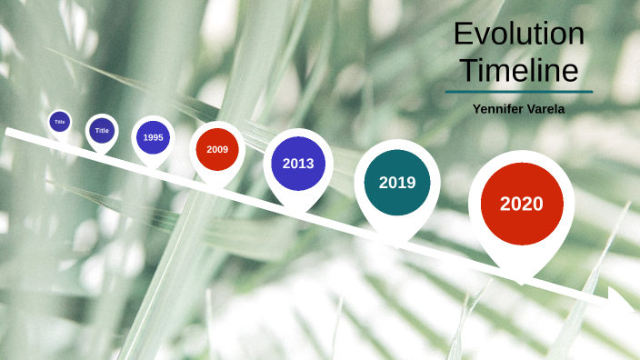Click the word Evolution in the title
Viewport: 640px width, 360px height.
(x=519, y=35)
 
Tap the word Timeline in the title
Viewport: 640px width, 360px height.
(x=519, y=70)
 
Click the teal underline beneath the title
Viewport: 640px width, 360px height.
(x=519, y=92)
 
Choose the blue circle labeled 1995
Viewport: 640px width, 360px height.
(x=153, y=137)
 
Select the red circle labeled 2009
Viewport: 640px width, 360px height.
(x=217, y=149)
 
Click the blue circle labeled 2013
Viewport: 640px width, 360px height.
(x=298, y=164)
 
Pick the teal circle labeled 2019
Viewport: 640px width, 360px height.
(x=397, y=183)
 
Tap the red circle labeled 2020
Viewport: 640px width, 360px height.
(x=522, y=204)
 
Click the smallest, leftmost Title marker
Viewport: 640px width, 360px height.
(x=60, y=121)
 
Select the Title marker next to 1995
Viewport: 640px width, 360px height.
(x=102, y=131)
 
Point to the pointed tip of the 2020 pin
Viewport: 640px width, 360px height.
(x=521, y=282)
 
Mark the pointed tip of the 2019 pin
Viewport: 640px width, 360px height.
(x=396, y=246)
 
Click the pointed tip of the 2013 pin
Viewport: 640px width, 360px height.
(x=297, y=215)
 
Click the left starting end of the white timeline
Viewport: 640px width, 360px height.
(x=8, y=132)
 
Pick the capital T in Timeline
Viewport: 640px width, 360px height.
(x=466, y=70)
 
